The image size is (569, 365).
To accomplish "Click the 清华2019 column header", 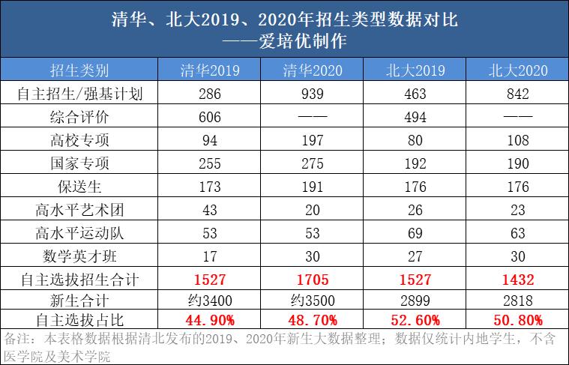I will tap(211, 71).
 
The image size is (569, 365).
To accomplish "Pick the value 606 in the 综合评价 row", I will tap(211, 118).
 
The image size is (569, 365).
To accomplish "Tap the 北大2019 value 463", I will tap(414, 94).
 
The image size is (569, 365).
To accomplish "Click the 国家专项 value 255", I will tap(211, 164).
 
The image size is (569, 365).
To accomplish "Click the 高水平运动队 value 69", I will tap(414, 234).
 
